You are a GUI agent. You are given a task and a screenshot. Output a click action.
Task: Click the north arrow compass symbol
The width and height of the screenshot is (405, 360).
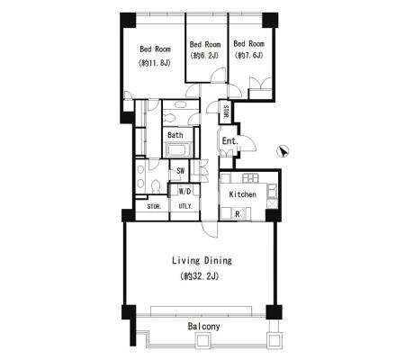click(283, 151)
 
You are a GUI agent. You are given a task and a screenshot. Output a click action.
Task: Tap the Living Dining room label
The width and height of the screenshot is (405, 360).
click(202, 260)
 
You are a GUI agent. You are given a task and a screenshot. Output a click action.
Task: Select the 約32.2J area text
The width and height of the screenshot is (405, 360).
click(200, 276)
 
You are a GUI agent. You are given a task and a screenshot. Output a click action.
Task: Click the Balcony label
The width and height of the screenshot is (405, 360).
click(203, 326)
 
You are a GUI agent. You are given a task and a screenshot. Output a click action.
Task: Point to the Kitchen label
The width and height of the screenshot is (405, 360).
click(242, 194)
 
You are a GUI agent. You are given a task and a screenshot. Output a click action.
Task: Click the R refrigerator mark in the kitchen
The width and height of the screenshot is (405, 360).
click(238, 214)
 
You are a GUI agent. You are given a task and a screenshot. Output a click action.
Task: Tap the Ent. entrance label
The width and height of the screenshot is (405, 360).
click(229, 140)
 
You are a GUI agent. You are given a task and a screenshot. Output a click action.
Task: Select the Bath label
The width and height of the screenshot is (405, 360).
click(175, 135)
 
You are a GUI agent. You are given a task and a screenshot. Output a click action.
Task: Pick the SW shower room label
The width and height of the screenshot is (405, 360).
click(180, 171)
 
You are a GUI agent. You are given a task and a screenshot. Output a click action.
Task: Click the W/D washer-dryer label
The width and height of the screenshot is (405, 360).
click(184, 192)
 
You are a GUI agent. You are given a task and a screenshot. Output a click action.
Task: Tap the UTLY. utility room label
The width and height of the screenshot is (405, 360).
click(185, 206)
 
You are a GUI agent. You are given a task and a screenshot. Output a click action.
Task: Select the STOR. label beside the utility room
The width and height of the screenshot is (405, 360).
click(154, 207)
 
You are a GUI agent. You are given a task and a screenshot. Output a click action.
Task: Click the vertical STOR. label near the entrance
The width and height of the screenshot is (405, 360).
click(226, 112)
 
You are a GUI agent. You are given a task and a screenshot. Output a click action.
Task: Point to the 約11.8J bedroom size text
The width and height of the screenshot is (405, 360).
click(155, 63)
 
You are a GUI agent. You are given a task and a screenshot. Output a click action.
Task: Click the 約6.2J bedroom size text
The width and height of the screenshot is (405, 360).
click(204, 56)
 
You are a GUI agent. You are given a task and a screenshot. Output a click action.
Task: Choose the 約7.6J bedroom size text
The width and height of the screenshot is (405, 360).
click(249, 55)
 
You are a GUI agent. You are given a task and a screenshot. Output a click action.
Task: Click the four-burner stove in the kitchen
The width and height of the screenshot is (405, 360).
click(250, 178)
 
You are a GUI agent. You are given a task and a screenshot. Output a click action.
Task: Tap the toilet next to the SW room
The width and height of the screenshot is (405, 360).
click(155, 187)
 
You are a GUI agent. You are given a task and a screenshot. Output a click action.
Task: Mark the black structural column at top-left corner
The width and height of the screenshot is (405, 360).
click(128, 20)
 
